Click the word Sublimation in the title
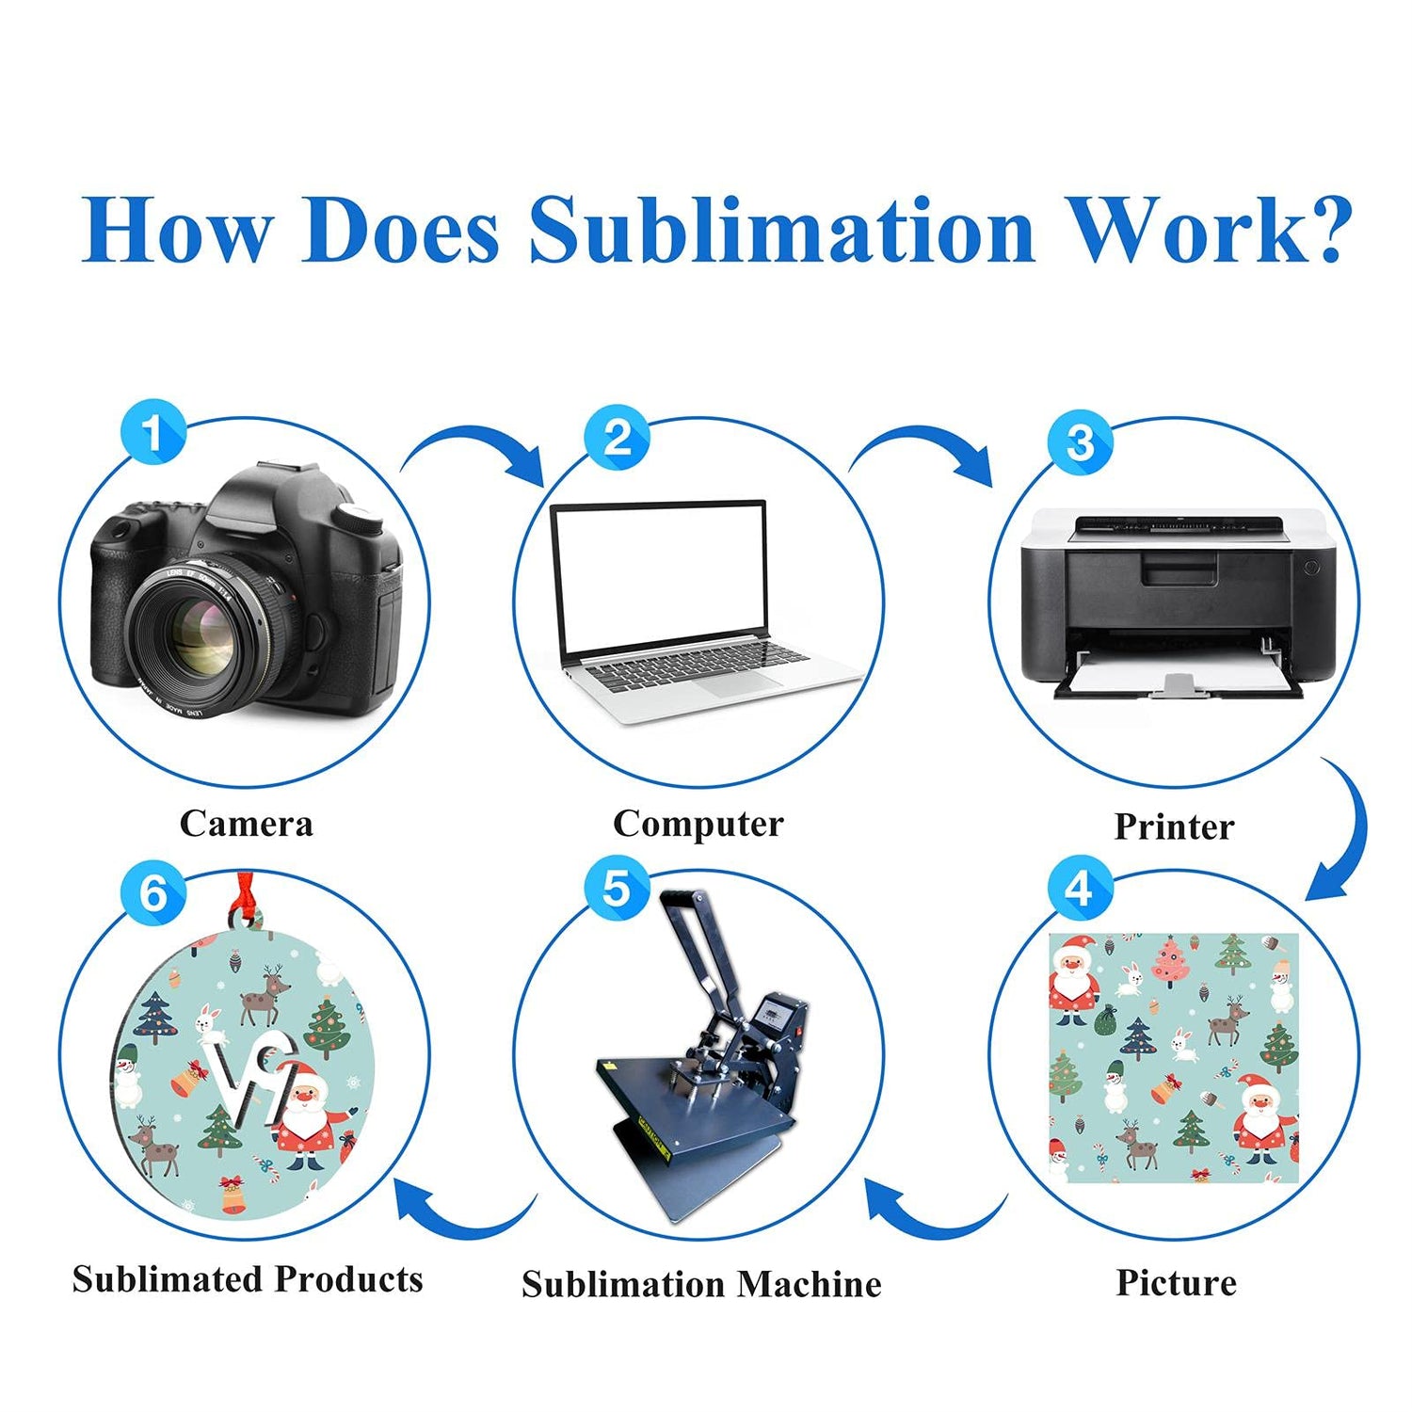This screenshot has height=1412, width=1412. click(x=781, y=231)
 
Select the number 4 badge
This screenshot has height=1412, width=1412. click(x=1080, y=889)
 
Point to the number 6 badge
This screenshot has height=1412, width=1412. click(x=152, y=892)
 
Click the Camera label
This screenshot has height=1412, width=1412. click(x=246, y=824)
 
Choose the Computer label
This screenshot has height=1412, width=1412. click(x=698, y=824)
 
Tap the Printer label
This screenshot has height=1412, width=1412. click(x=1174, y=826)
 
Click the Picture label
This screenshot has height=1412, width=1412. click(x=1176, y=1282)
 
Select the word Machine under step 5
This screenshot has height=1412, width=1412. click(x=809, y=1284)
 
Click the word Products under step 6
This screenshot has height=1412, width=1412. click(x=349, y=1279)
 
